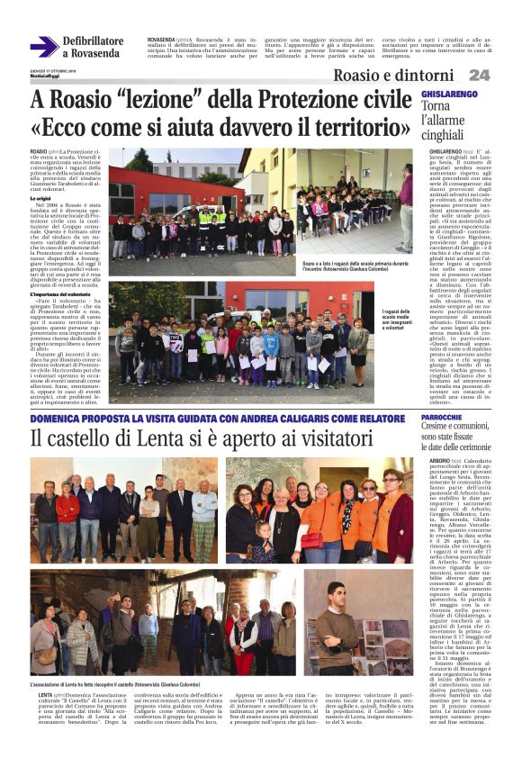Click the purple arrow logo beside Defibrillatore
(43, 46)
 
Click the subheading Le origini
(43, 197)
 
